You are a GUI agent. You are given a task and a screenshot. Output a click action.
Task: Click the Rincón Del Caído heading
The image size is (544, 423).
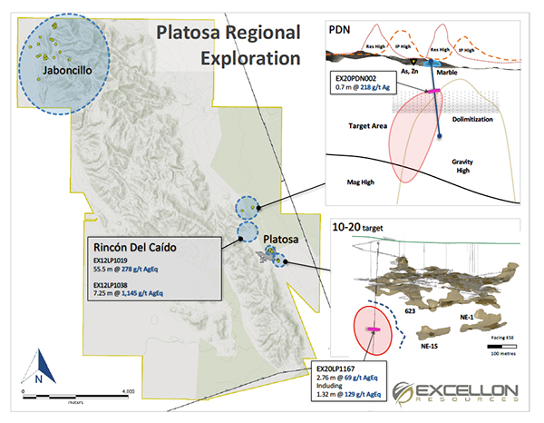[146, 247]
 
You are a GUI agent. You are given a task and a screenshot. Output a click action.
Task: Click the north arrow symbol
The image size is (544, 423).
[38, 369]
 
